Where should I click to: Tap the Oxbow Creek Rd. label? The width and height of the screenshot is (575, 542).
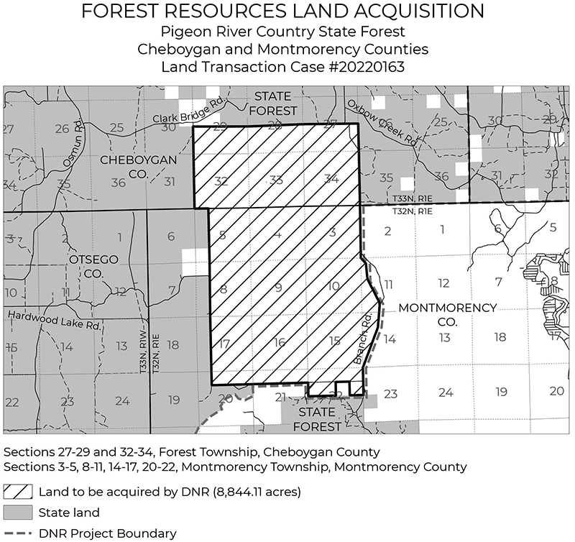[x=380, y=121]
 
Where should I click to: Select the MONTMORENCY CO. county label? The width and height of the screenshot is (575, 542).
[x=447, y=313]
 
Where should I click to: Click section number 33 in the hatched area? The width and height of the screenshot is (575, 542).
[x=275, y=180]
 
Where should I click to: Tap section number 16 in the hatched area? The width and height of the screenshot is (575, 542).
[x=279, y=342]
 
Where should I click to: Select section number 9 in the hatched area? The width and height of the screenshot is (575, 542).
[x=278, y=288]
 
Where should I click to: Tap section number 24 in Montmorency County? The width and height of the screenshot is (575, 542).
[x=446, y=392]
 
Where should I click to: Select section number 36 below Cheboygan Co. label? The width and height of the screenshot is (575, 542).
[x=119, y=183]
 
